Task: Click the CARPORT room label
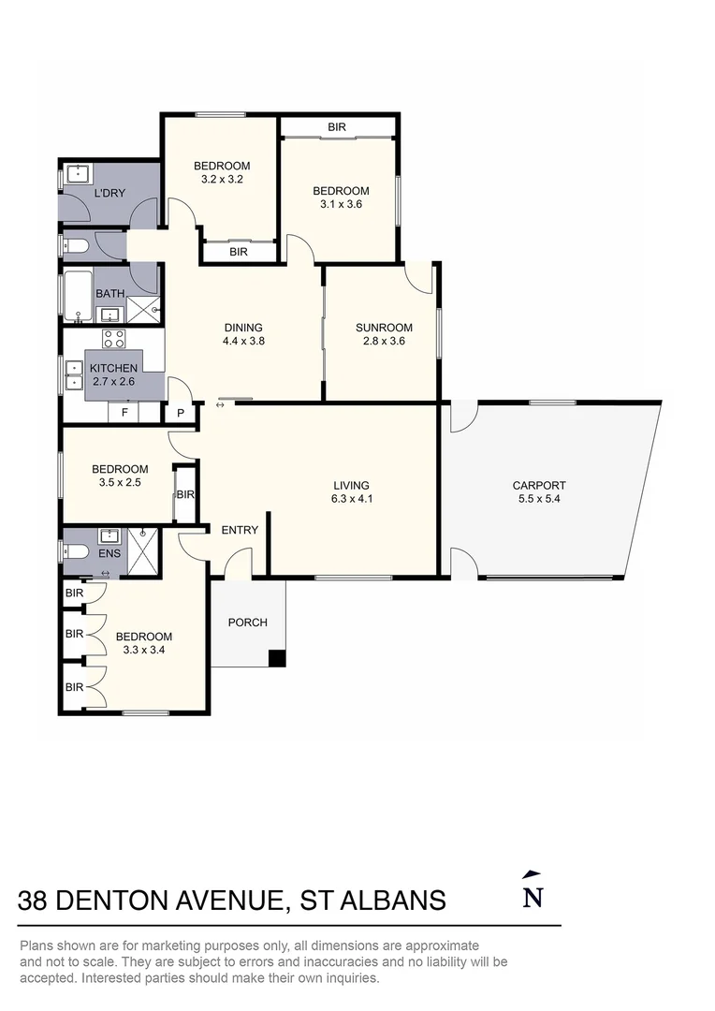click(539, 486)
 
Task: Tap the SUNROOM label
click(384, 328)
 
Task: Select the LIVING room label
click(351, 486)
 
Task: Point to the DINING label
click(243, 328)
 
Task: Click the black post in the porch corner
click(277, 658)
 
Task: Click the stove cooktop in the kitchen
click(114, 339)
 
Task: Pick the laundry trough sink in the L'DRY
click(79, 175)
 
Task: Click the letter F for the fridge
click(125, 412)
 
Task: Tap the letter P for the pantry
click(181, 414)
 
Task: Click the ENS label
click(109, 553)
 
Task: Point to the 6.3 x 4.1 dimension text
click(352, 498)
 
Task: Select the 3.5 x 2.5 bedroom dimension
click(120, 482)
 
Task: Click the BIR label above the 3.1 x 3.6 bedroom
click(337, 127)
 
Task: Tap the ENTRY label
click(240, 530)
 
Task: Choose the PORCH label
click(248, 623)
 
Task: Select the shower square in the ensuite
click(142, 552)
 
